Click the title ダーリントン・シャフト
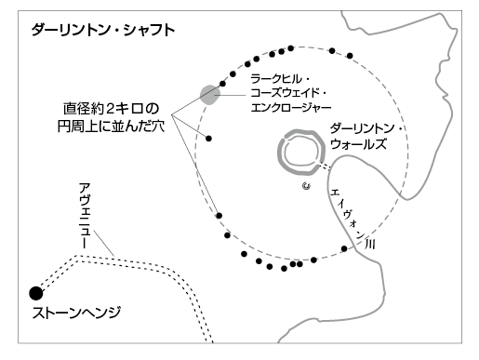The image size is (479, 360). coord(101,30)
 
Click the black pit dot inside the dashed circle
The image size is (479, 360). coord(209,138)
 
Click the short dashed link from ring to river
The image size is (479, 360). coord(324,168)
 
